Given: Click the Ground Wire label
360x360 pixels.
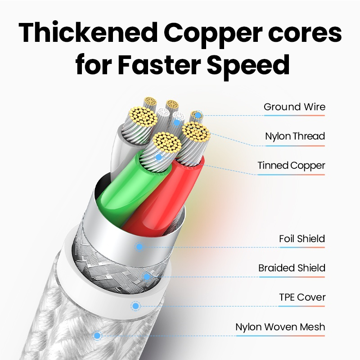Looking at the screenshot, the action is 294,107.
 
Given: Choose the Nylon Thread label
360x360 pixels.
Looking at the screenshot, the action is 295,136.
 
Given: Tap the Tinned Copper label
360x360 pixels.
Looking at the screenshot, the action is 291,166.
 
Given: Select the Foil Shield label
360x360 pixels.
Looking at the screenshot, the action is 302,238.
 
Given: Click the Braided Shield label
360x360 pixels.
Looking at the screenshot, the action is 292,268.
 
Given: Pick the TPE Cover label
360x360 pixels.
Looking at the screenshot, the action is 302,297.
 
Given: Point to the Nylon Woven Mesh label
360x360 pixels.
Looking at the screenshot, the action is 280,327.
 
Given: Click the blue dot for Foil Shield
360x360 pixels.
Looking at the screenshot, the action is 139,247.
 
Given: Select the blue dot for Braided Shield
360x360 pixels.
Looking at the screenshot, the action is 146,276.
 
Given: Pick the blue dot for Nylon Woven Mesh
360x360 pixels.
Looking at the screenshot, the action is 97,335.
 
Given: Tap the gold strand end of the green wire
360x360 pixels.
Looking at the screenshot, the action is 167,142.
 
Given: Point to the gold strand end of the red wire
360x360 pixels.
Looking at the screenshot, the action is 196,133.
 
